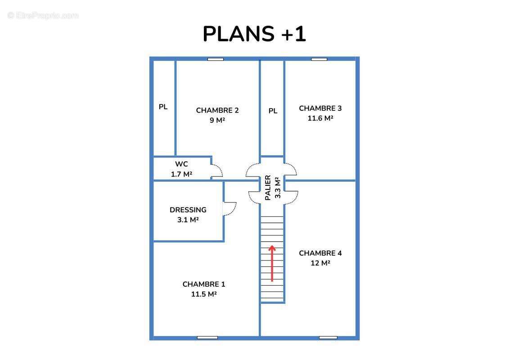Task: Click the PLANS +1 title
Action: [x=254, y=34]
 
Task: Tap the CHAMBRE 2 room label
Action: [x=217, y=110]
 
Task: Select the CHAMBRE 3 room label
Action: [x=320, y=108]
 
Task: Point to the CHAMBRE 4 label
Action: [x=320, y=253]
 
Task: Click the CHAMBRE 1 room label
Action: [x=203, y=284]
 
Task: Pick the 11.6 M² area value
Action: [x=320, y=118]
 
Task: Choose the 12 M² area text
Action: [x=320, y=263]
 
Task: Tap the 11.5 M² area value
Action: [x=203, y=294]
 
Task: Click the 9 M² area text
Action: [x=217, y=120]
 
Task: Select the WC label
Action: [x=181, y=164]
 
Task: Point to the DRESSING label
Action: [x=188, y=210]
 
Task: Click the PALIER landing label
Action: [x=268, y=188]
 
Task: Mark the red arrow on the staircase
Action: [x=272, y=263]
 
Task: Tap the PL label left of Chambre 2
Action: [x=163, y=107]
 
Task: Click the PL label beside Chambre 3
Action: [x=273, y=111]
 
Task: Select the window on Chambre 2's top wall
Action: [x=216, y=59]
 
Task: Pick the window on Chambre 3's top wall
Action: [x=319, y=59]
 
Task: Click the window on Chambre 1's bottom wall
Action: [x=207, y=337]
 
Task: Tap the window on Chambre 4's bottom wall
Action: [x=328, y=337]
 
